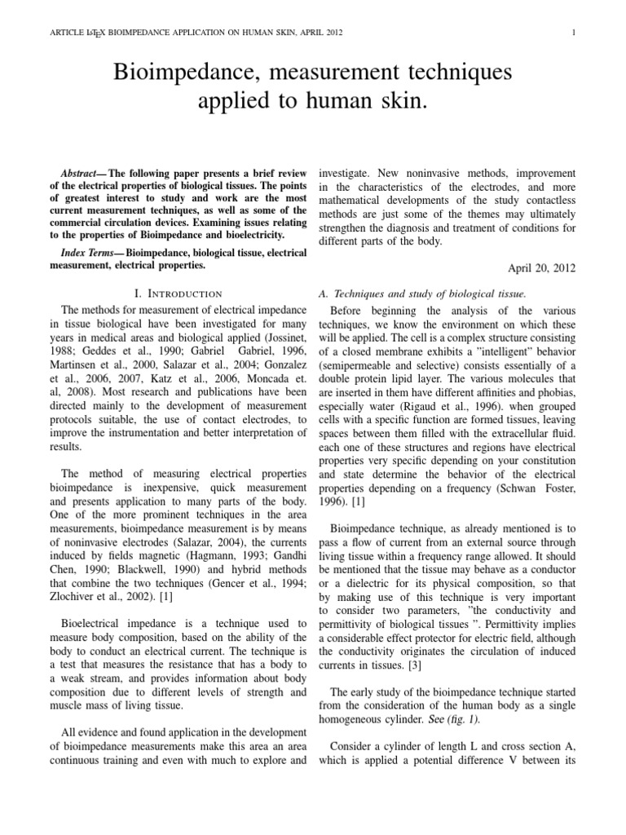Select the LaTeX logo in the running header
(x=95, y=33)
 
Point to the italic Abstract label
(x=83, y=175)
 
